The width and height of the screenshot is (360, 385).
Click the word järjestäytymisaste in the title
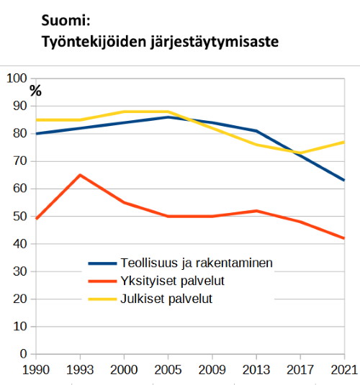pos(215,42)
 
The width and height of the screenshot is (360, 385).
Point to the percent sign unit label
pos(36,91)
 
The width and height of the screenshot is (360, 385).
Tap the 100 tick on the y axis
pos(17,78)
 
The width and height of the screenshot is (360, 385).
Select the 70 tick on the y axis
pos(20,161)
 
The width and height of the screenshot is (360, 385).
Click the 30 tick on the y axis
pos(20,271)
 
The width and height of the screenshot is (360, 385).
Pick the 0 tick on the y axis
pos(23,354)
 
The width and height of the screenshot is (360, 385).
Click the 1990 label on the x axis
pos(36,370)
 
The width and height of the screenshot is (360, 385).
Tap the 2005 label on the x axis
pos(168,370)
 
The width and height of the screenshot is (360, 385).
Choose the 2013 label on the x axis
pos(256,370)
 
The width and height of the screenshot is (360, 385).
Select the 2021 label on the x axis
pos(344,370)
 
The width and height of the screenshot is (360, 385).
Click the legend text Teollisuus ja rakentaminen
pos(197,263)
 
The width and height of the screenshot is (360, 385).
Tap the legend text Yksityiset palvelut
pos(173,281)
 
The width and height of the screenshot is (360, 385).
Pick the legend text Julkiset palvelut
pos(166,299)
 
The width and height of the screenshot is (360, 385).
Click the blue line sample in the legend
pos(102,263)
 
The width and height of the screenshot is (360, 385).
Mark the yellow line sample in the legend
pos(102,299)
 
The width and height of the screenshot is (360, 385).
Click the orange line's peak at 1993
pos(80,175)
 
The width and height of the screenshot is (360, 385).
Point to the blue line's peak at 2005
pos(168,117)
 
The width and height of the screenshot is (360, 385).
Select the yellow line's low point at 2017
pos(300,153)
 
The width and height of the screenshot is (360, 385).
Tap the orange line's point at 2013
pos(256,211)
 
